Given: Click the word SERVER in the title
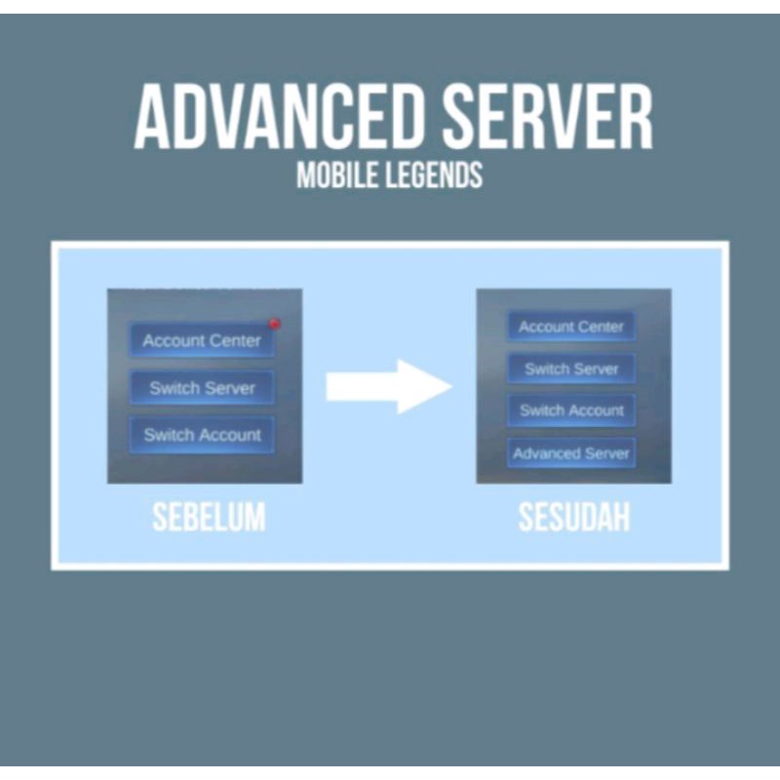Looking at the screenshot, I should pos(546,118).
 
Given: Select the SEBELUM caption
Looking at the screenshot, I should pos(209,518).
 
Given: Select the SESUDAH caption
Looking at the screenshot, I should pos(573,518).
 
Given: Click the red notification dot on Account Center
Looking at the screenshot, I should pos(275,324).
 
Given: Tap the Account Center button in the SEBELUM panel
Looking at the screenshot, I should pos(202,340).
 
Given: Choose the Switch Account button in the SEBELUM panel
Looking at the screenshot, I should pos(202,435).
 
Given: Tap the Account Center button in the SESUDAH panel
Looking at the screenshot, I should pos(571,327).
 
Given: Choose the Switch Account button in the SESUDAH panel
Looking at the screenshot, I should pos(571,410).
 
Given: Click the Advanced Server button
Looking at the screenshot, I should pos(571,453).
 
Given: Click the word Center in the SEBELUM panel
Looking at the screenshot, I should pos(238,340).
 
